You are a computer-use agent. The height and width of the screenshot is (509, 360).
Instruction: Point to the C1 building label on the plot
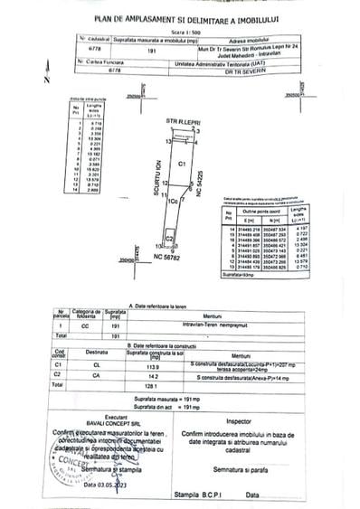pos(181,164)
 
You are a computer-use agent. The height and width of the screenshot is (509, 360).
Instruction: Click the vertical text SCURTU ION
pos(156,193)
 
